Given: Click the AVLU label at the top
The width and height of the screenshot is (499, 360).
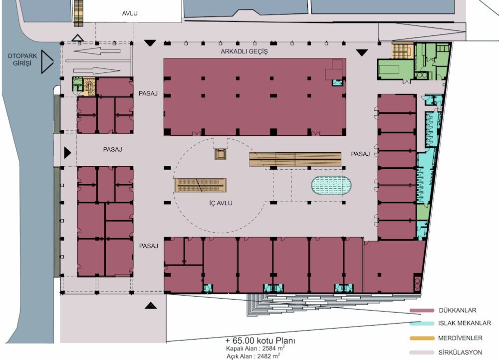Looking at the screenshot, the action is [130, 13].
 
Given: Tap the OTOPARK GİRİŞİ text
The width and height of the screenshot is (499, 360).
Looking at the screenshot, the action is [22, 59].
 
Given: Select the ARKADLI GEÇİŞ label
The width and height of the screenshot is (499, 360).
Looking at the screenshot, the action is [244, 51].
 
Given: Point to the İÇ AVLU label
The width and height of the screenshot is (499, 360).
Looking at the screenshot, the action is [221, 203].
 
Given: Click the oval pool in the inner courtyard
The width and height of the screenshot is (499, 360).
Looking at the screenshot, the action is [331, 185].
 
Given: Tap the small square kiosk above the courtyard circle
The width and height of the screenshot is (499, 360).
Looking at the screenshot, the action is [220, 154].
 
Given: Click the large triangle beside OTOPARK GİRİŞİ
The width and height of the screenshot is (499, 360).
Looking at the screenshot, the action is [47, 61].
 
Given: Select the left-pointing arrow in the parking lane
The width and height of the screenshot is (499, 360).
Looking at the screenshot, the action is [97, 51].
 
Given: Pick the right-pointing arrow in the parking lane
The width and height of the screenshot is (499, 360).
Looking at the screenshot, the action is [97, 71].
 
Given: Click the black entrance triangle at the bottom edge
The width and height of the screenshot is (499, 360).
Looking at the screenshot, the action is [151, 306].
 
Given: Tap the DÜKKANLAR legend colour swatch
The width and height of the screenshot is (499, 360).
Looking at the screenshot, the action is [422, 311].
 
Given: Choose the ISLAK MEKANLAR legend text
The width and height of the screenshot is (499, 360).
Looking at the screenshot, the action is [464, 324].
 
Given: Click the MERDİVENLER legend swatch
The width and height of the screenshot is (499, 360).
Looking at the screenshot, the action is [422, 338].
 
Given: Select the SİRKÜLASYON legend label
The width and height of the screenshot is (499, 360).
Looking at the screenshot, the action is [460, 353].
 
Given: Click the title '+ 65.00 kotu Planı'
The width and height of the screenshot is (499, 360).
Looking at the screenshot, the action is [260, 341].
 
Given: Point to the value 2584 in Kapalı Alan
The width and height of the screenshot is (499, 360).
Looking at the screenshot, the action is [269, 349].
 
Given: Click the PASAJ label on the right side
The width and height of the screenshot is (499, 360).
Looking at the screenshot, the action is [360, 154].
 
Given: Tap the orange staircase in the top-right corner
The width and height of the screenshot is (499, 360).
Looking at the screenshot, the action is [402, 50].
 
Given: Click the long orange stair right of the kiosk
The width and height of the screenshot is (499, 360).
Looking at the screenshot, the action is [295, 159].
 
